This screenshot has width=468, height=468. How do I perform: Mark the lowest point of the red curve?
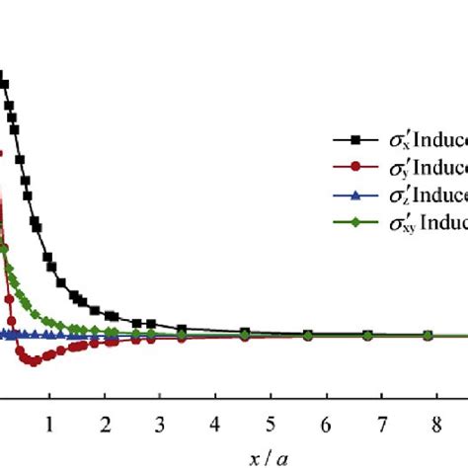(x=35, y=361)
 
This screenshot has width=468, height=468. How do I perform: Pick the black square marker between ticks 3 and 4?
(x=183, y=329)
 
